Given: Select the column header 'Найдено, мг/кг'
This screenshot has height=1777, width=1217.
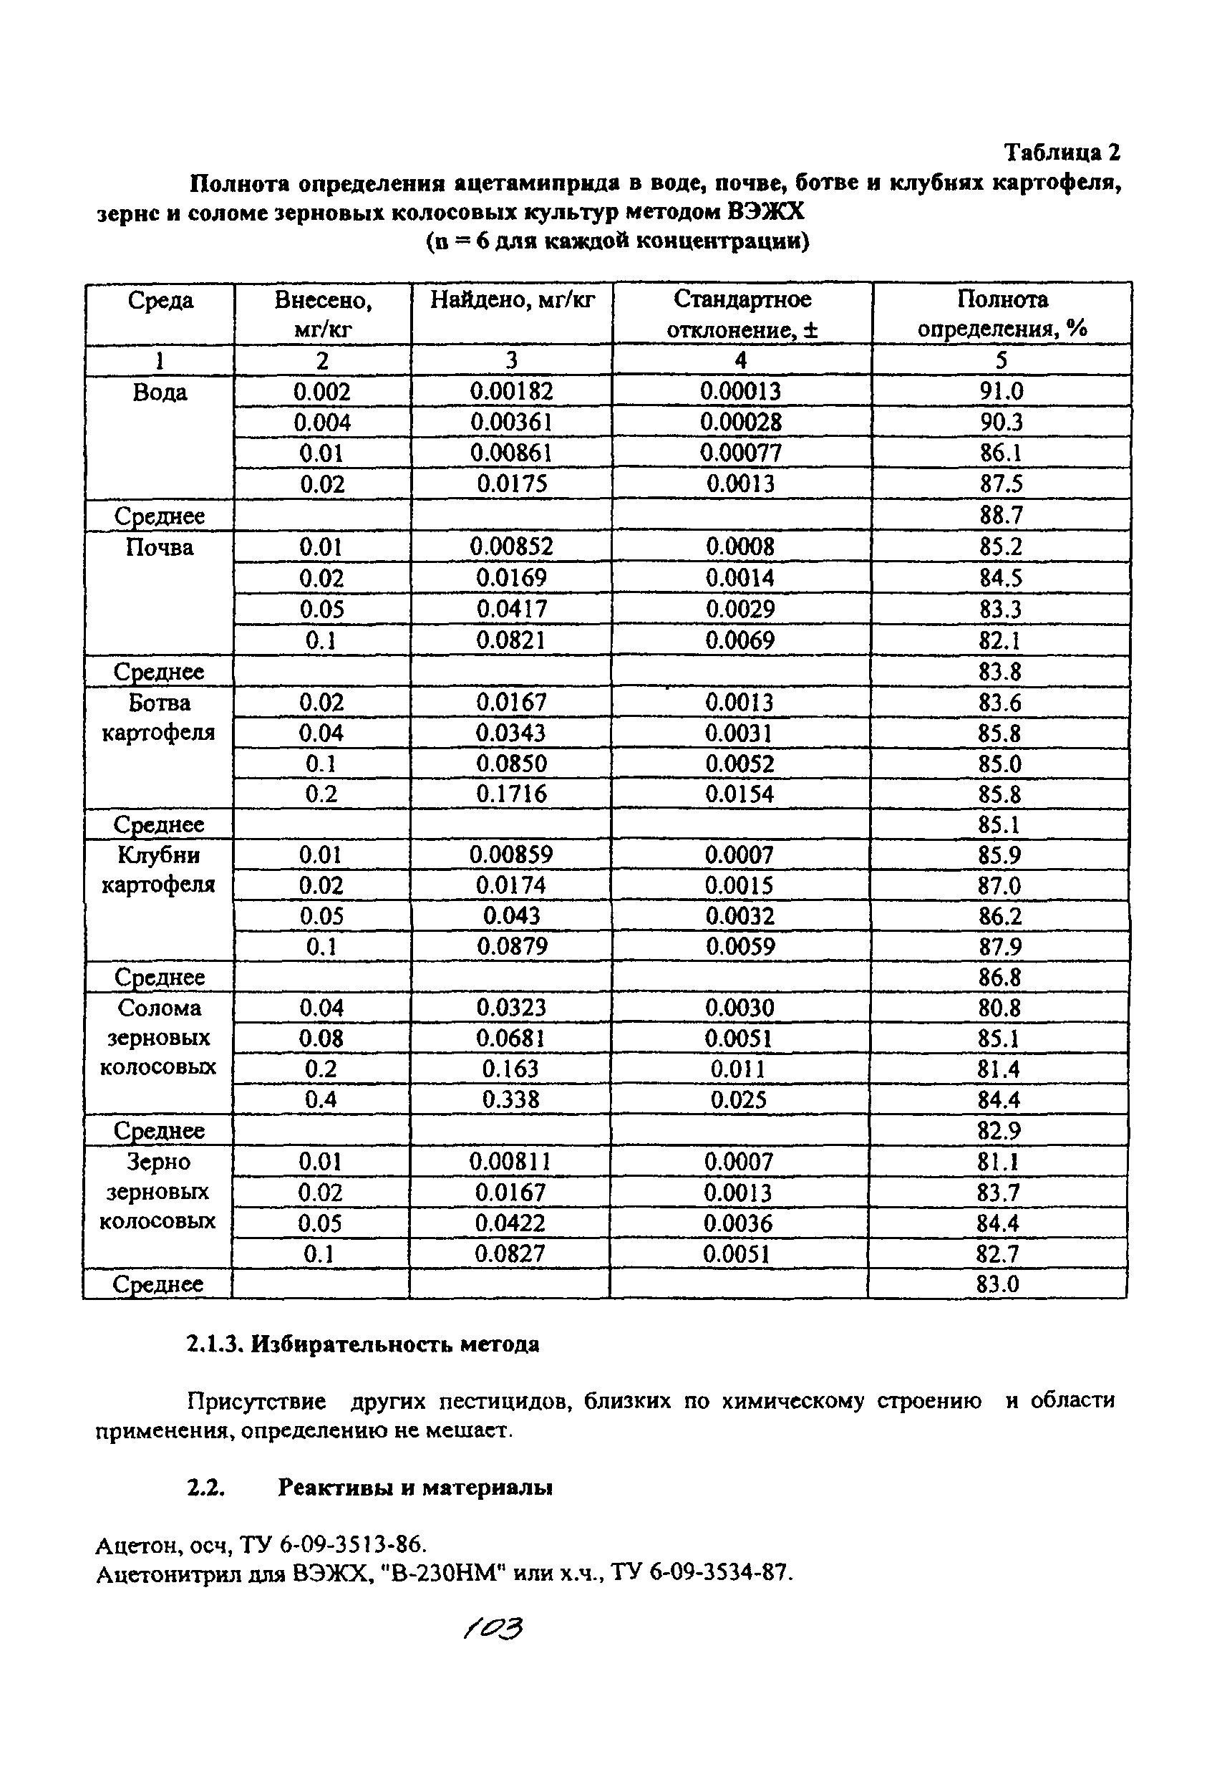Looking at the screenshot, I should (x=511, y=299).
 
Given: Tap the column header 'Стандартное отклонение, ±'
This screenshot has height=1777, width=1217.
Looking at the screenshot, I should (x=742, y=314).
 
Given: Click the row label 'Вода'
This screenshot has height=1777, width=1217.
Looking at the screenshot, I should (x=160, y=393).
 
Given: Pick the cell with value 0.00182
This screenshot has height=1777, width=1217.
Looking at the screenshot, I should (x=511, y=393).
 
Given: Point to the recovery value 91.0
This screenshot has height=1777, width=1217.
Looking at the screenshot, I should (x=1002, y=393).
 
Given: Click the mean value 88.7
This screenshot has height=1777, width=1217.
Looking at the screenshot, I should (x=1002, y=516).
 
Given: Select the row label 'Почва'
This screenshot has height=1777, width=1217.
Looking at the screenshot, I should (x=159, y=547).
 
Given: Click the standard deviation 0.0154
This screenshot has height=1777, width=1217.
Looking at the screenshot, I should (x=740, y=794).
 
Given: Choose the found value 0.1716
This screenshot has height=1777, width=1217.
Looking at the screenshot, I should (x=511, y=794).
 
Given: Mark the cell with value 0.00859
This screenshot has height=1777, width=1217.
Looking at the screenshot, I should (x=510, y=855).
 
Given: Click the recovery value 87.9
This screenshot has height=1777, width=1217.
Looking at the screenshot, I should (x=1000, y=948).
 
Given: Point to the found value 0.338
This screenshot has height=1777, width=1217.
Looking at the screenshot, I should (x=510, y=1100).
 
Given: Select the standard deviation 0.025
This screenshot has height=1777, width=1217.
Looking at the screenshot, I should (x=740, y=1100).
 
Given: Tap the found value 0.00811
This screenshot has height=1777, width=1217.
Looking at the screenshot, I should (x=510, y=1162).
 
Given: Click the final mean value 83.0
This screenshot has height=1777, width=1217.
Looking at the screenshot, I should (x=999, y=1284).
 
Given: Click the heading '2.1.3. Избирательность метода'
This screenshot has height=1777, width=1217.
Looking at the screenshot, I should (x=363, y=1344).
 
